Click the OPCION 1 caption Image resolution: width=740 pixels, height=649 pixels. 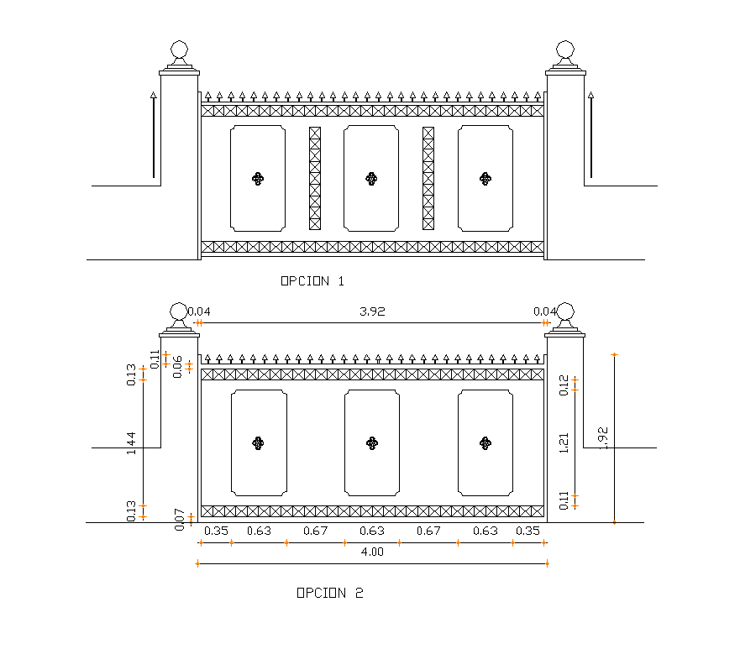tap(312, 281)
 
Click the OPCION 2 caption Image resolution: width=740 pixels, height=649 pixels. tap(329, 593)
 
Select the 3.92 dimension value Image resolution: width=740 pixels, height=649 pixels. tap(371, 311)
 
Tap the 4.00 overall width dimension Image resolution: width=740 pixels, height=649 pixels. tap(371, 552)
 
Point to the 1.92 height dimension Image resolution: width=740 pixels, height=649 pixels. tap(604, 437)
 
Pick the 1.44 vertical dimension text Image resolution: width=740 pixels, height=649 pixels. tap(132, 442)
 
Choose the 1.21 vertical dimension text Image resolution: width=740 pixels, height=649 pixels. tap(564, 442)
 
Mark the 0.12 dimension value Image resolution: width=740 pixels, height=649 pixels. tap(564, 384)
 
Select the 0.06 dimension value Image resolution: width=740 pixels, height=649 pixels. tap(177, 366)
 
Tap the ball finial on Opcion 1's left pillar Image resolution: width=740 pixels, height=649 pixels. tap(179, 50)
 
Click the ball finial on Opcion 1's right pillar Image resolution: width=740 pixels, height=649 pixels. tap(565, 50)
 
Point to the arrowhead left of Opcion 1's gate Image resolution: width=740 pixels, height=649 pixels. tap(154, 97)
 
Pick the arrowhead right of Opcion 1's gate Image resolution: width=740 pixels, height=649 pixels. tap(590, 97)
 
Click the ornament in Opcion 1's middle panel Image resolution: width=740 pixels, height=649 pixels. tap(371, 178)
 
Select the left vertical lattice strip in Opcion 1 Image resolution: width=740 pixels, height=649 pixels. tap(315, 178)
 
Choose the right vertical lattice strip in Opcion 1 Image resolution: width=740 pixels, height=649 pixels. tap(428, 178)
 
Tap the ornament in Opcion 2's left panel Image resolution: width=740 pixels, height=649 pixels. tap(258, 442)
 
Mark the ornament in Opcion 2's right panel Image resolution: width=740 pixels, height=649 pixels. tap(485, 442)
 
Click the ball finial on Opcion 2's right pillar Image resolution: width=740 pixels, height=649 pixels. tap(565, 313)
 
